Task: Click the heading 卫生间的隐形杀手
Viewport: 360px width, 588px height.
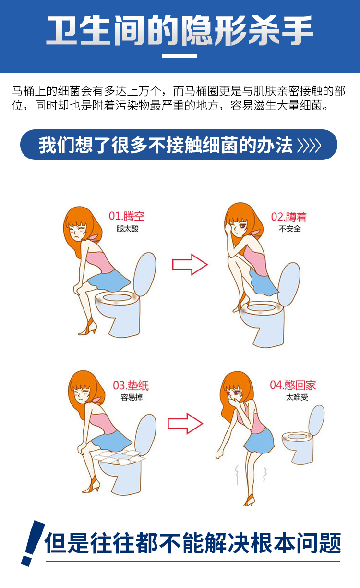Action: (x=180, y=30)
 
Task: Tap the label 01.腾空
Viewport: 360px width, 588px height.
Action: (x=127, y=216)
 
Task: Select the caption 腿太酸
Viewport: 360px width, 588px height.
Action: (x=127, y=229)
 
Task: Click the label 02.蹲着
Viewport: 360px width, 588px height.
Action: (x=288, y=217)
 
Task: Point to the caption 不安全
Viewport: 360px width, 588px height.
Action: (x=289, y=229)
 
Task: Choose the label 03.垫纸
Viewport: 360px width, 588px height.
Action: (x=131, y=386)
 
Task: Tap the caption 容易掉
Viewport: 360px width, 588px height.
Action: (x=132, y=397)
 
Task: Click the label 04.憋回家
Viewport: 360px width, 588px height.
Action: (x=293, y=385)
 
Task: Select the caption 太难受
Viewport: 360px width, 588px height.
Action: (x=297, y=397)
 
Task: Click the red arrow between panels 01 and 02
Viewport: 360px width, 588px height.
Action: (x=190, y=265)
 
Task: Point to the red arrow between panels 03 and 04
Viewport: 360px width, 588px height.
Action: (x=185, y=423)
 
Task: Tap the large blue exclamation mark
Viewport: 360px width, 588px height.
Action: (x=33, y=543)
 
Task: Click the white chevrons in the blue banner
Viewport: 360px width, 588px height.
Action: (x=309, y=145)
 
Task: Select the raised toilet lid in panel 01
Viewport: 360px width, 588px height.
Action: (x=145, y=274)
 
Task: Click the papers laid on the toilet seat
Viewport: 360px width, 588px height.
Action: (x=119, y=457)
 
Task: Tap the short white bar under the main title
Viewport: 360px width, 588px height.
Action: (x=179, y=56)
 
